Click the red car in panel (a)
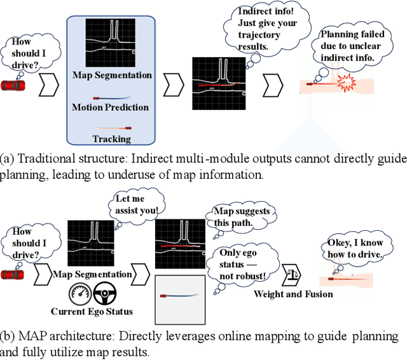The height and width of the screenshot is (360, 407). point(12,85)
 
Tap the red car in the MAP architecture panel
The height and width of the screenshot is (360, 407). point(12,274)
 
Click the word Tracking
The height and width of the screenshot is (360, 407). point(112,139)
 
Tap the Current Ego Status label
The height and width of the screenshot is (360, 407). point(91,312)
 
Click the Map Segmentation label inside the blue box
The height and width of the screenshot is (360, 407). point(112,75)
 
